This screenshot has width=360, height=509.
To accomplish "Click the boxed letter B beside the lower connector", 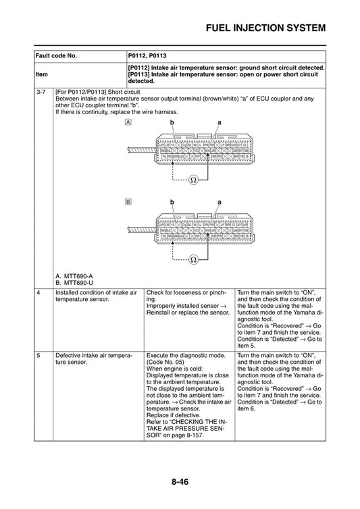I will click(x=128, y=201).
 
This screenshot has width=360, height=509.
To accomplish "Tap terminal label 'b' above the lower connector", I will click(x=172, y=200).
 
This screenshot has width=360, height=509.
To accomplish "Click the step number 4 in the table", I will click(x=39, y=292).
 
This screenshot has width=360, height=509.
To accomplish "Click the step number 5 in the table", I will click(x=39, y=354).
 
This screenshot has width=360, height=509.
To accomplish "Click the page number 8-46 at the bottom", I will click(x=180, y=482).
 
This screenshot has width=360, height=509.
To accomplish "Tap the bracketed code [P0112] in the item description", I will click(x=141, y=68).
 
